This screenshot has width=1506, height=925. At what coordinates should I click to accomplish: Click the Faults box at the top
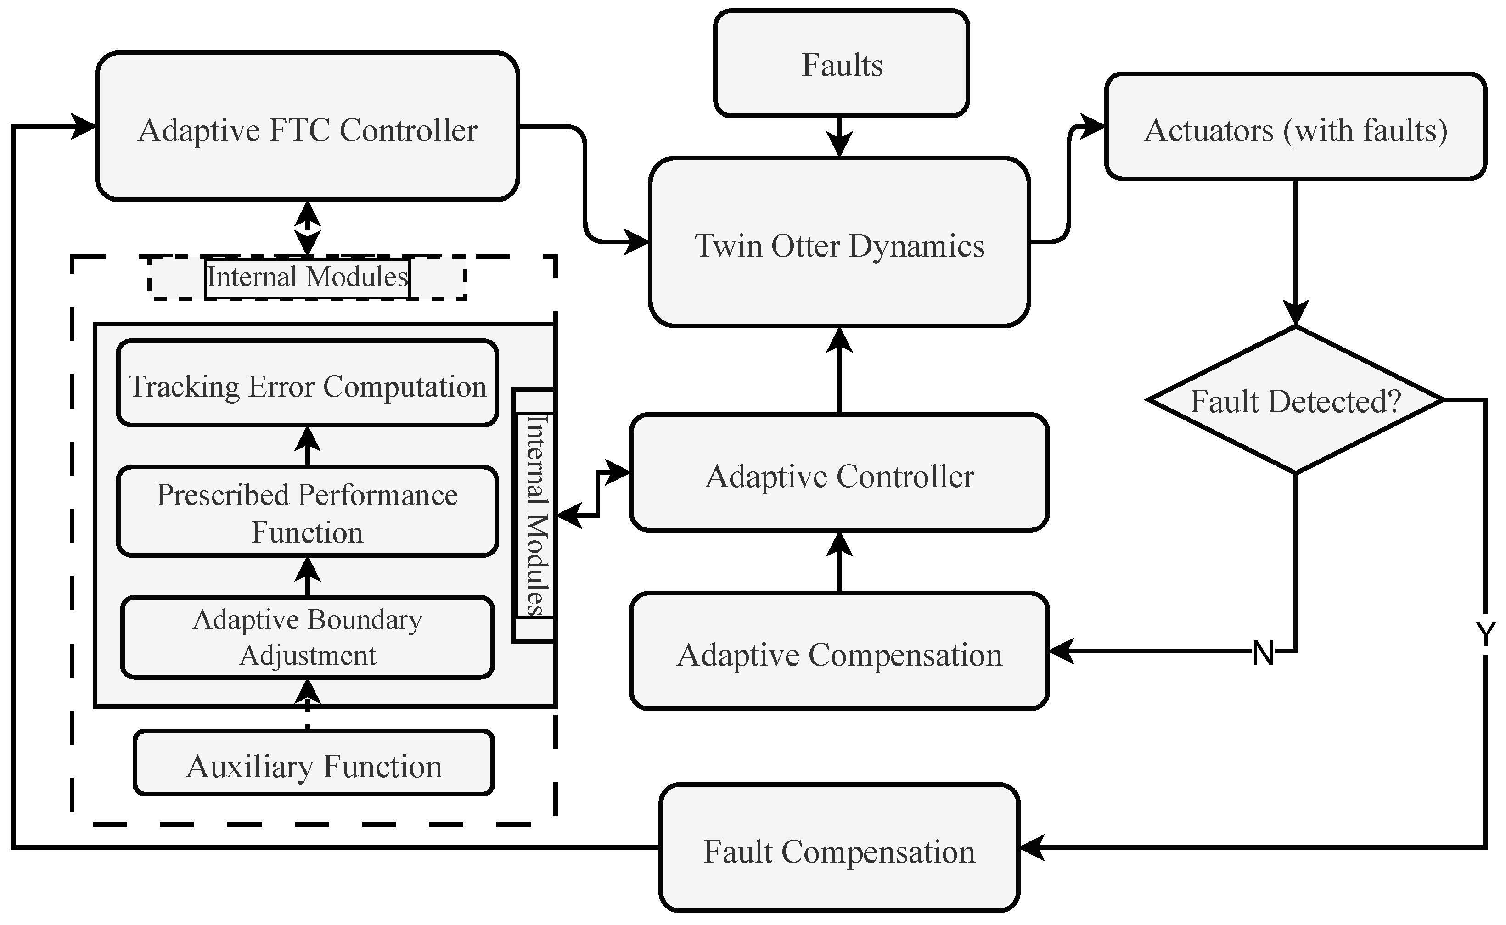[841, 64]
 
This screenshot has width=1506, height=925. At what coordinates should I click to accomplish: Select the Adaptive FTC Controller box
[307, 127]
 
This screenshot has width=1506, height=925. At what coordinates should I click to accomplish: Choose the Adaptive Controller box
[839, 473]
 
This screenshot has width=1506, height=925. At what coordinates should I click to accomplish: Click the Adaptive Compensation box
[839, 651]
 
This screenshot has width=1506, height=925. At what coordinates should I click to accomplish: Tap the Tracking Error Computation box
[307, 384]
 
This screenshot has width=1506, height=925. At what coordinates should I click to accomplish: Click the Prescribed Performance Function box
[307, 511]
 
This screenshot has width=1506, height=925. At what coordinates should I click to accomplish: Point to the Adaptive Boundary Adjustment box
[307, 637]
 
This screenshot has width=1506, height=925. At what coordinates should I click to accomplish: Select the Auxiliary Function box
[313, 763]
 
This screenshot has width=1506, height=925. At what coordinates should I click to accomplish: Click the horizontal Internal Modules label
[307, 277]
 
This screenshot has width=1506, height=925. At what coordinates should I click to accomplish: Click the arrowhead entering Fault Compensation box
[1032, 848]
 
